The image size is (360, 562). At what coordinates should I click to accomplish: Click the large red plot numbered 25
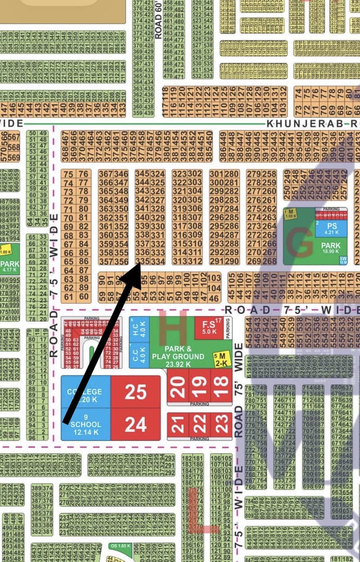point(135,392)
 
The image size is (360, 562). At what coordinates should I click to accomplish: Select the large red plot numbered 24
point(135,424)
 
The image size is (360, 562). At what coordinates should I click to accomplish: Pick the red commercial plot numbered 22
point(200,423)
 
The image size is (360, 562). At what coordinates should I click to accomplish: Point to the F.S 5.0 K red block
point(209,328)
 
